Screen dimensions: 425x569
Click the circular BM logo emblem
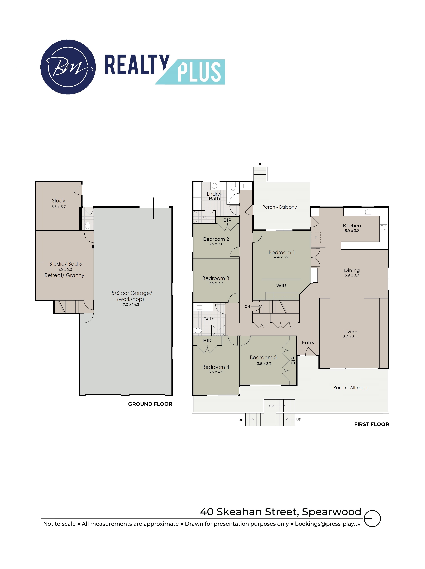[x=68, y=67]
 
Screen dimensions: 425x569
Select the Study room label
[x=59, y=201]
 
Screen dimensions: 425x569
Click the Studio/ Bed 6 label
[x=66, y=264]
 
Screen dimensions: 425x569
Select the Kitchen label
[x=352, y=226]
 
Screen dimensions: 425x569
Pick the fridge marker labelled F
[x=316, y=238]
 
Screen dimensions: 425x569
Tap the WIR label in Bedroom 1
[x=281, y=285]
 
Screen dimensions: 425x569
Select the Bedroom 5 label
[x=263, y=357]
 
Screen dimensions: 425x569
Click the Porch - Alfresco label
[x=350, y=388]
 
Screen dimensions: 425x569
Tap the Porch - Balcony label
[x=280, y=207]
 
